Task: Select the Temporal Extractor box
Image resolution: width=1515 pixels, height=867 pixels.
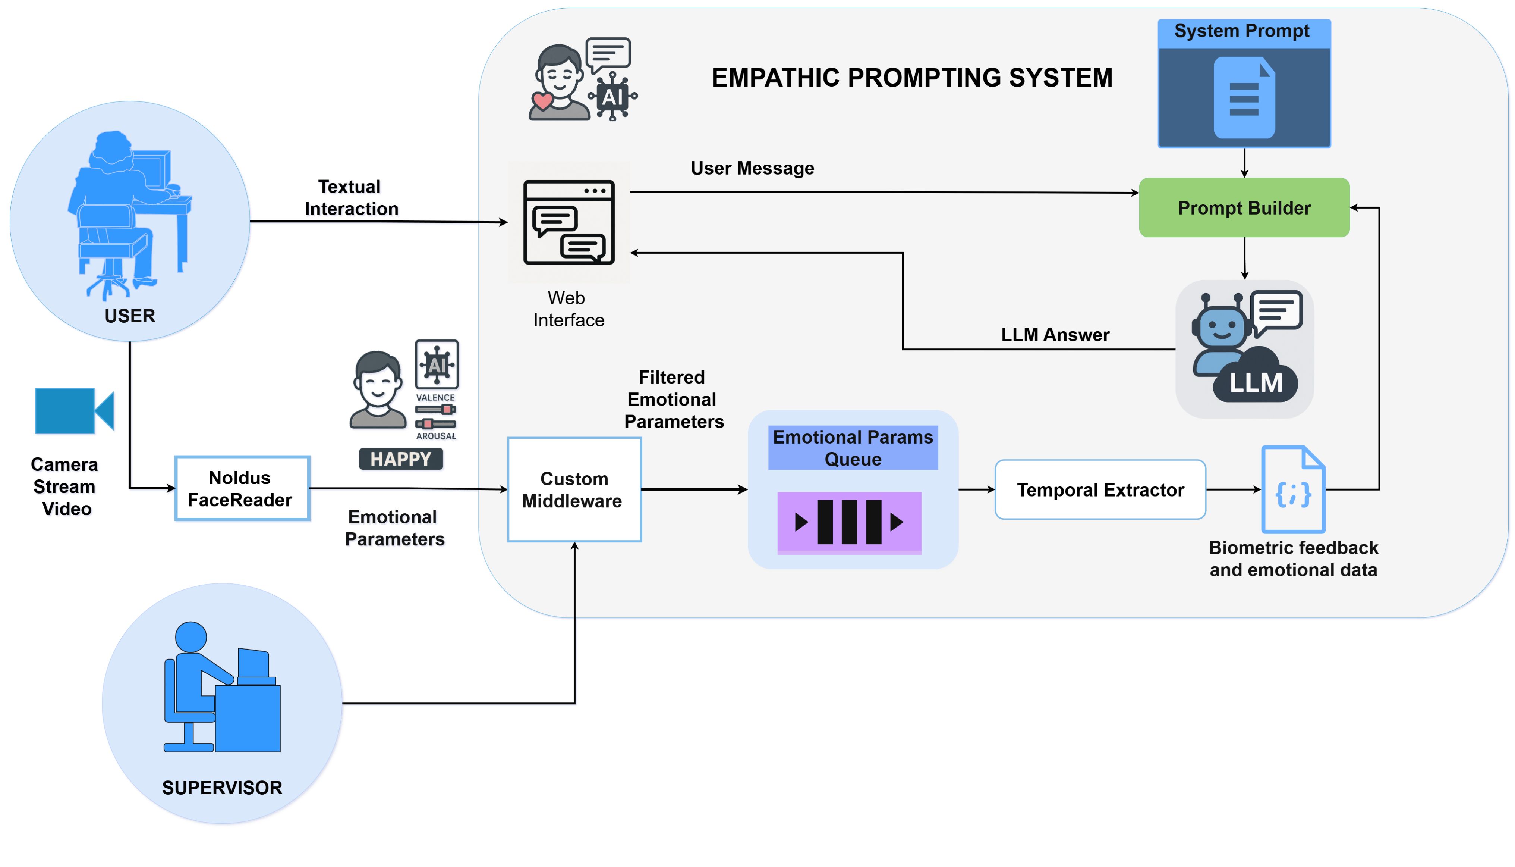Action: [1100, 489]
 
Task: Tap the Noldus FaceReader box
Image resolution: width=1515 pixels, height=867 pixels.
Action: [242, 488]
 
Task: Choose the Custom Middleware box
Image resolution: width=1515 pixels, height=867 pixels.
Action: [574, 489]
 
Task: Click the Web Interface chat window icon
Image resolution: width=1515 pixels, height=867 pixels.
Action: [568, 222]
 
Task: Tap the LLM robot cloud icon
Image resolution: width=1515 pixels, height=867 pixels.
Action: [1244, 348]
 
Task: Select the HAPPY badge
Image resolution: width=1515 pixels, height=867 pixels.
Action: [400, 459]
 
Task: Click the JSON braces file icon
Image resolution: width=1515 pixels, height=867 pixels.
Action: [1292, 489]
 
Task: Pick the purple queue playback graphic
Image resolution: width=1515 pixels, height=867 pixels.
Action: [849, 522]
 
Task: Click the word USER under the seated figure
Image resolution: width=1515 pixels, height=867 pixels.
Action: [130, 316]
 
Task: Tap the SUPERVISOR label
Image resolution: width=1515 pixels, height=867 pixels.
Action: [222, 788]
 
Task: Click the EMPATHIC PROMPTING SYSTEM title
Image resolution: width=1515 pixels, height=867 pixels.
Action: [911, 78]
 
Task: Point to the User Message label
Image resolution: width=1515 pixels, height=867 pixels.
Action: [752, 169]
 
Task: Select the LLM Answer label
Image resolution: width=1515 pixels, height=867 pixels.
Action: [1055, 335]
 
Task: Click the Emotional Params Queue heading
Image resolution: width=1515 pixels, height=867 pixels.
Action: [853, 448]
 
